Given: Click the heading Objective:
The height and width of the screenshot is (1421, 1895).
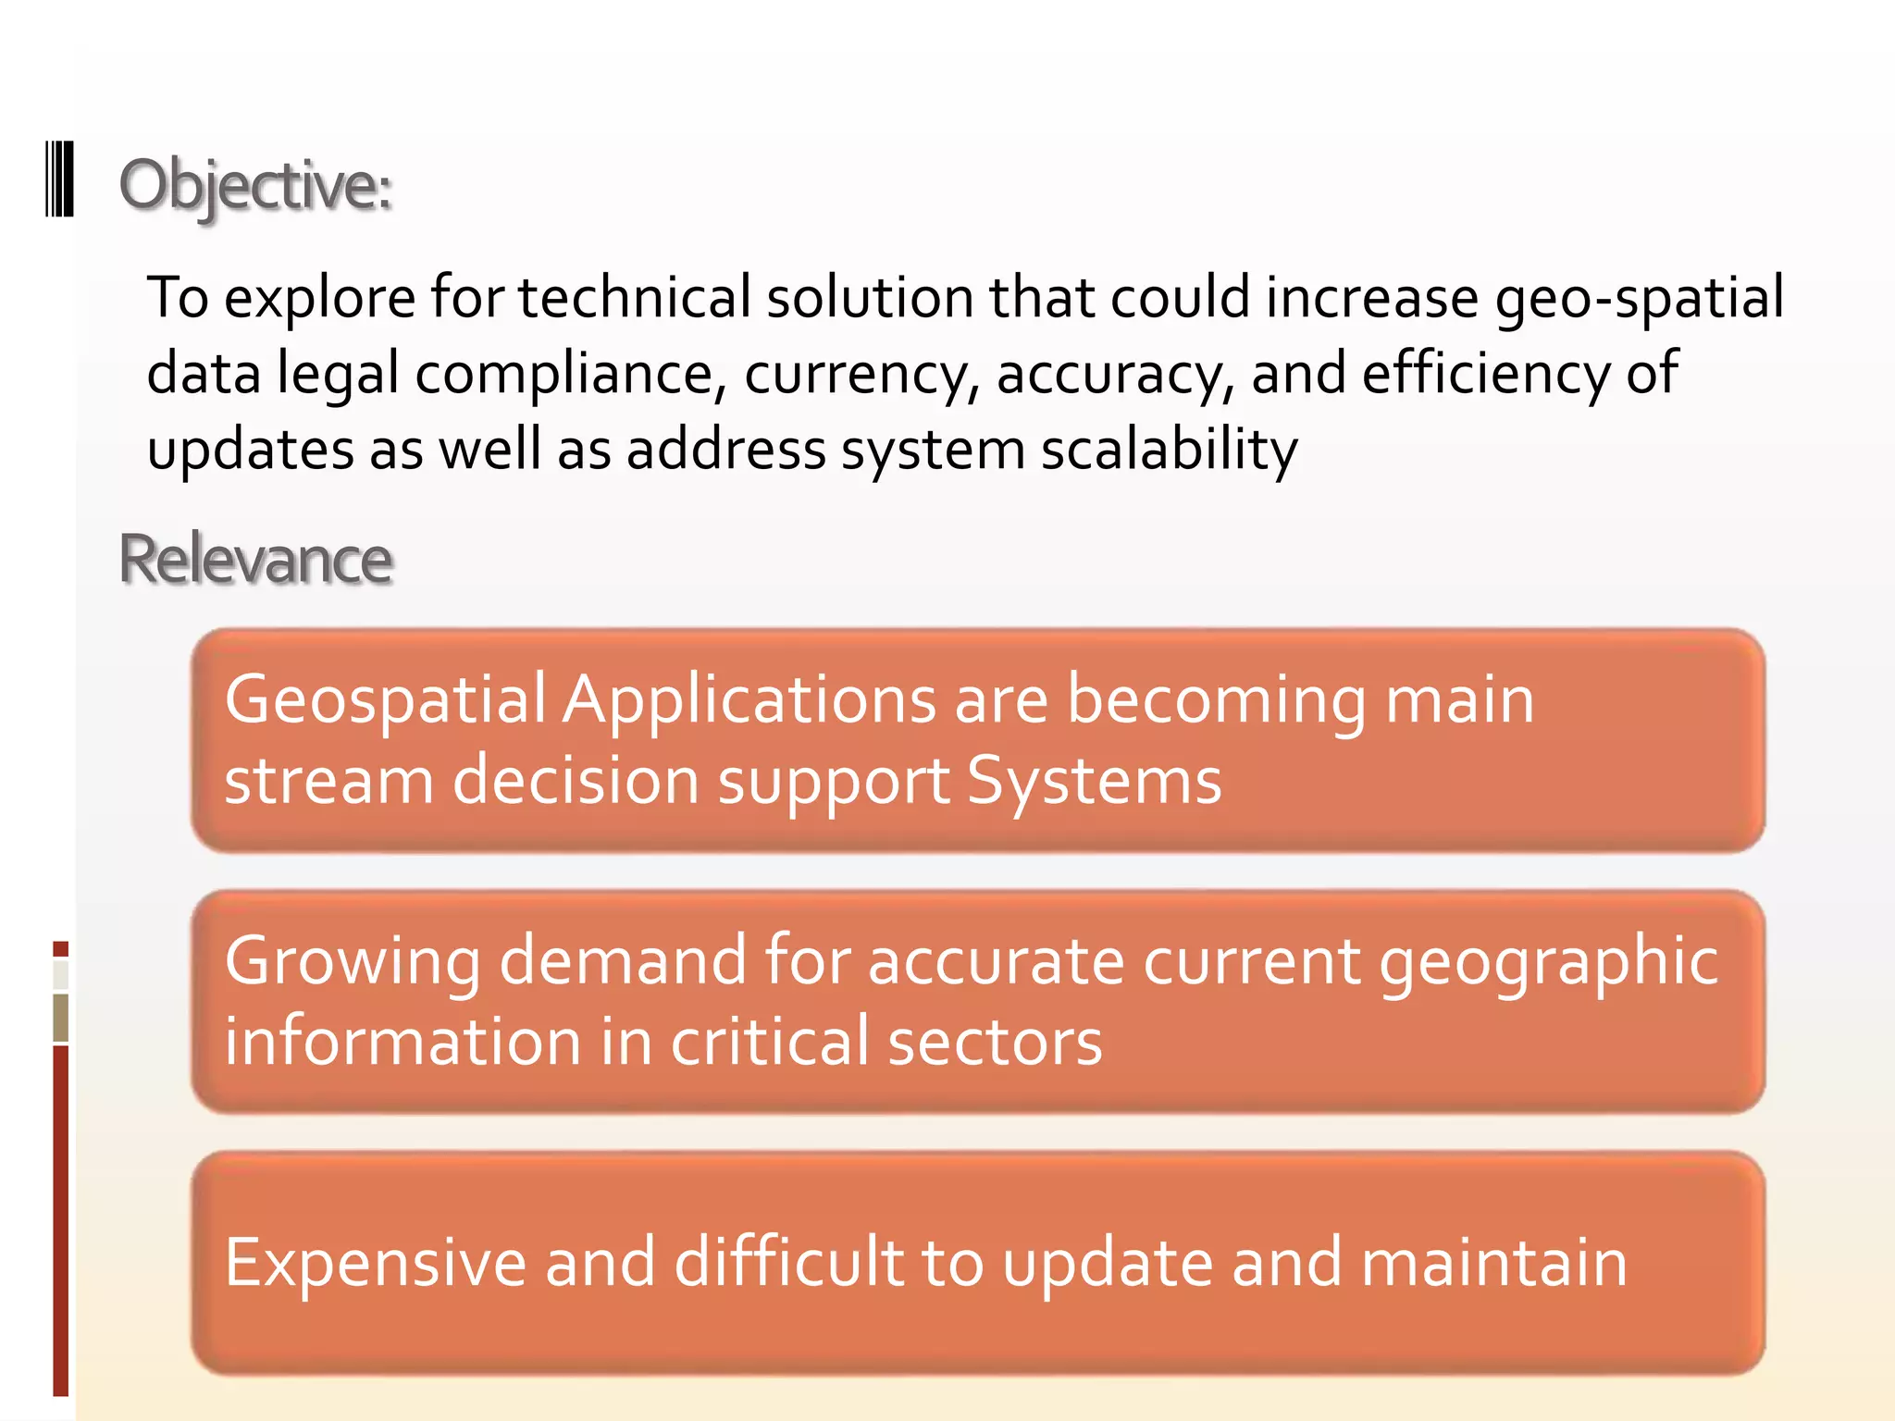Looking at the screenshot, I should [x=255, y=185].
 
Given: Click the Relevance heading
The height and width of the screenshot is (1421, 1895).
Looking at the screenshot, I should [x=255, y=560].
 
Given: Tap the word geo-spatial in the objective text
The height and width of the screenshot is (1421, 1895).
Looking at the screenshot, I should [x=1640, y=298].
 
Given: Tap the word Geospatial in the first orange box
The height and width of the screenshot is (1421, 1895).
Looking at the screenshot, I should [x=386, y=699].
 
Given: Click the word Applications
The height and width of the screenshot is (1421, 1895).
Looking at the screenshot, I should [x=749, y=699].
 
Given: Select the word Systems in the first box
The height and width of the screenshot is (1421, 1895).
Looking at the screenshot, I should [x=1094, y=781].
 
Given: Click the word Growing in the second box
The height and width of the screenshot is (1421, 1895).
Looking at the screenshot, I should [x=353, y=962].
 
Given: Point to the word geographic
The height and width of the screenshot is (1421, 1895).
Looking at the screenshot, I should [x=1548, y=962].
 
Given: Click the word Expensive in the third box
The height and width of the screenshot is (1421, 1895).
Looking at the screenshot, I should [x=376, y=1263].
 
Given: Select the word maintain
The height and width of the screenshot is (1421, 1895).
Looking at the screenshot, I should [x=1493, y=1263].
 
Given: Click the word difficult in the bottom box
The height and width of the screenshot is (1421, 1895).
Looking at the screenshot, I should [x=789, y=1263].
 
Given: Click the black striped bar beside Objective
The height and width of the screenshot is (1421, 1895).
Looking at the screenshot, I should [x=60, y=179].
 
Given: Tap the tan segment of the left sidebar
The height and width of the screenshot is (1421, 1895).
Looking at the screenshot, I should [x=61, y=1018].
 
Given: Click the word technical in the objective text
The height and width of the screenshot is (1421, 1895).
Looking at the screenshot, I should [x=634, y=298].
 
